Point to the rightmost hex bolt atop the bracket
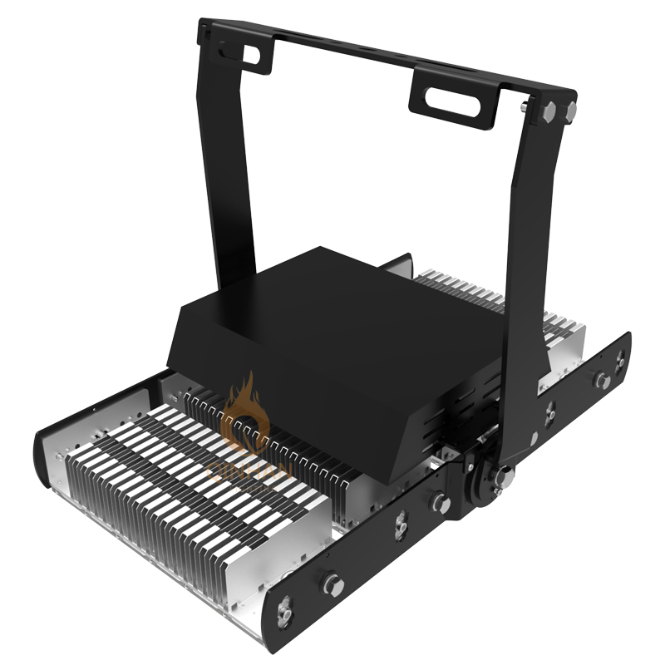[x=569, y=111]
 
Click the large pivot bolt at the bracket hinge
[x=502, y=477]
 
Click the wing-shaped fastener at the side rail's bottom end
[x=285, y=613]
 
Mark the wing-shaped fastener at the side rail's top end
[x=620, y=360]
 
